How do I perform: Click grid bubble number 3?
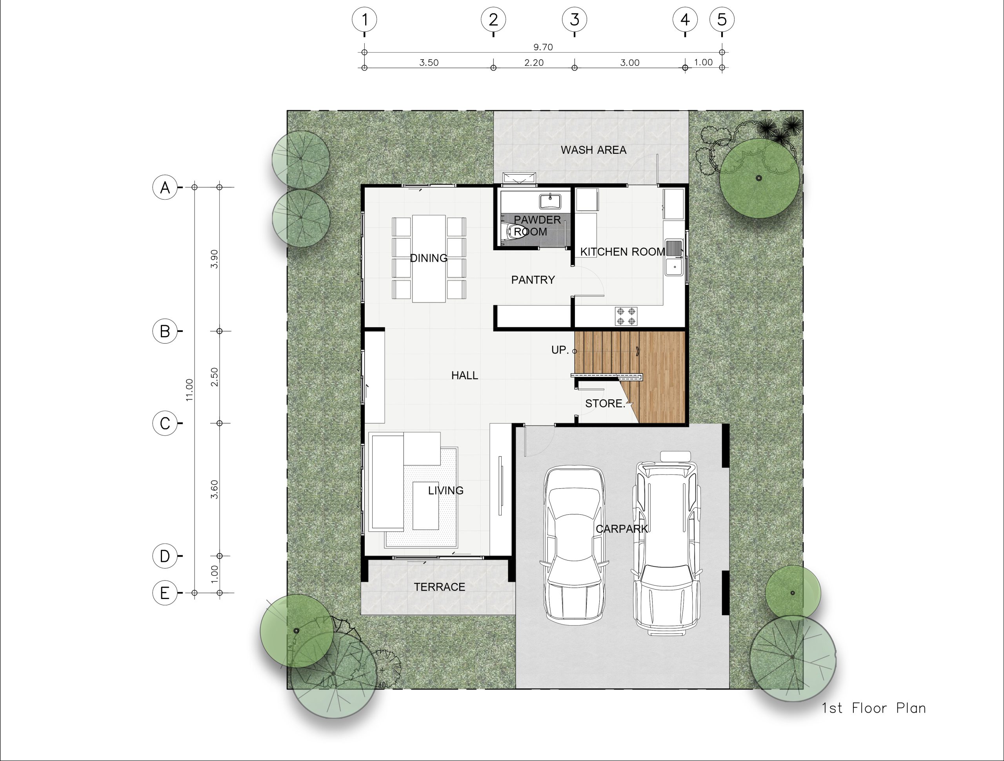(574, 20)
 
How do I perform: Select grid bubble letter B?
(165, 331)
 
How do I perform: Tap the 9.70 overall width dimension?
(543, 47)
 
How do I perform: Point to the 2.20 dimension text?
(534, 63)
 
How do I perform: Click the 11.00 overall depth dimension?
(190, 390)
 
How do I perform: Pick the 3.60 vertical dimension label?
(215, 490)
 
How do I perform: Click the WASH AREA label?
(593, 150)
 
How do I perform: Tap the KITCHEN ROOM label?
(622, 251)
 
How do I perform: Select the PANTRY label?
(533, 280)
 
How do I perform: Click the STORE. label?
(605, 403)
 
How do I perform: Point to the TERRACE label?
(439, 587)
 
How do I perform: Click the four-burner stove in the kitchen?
(626, 317)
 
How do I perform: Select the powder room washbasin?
(550, 201)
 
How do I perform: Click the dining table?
(429, 259)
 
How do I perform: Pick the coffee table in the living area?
(426, 506)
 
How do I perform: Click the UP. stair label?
(560, 350)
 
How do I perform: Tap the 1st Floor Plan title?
(874, 708)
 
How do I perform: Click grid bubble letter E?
(165, 593)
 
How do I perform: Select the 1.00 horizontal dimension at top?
(703, 62)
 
